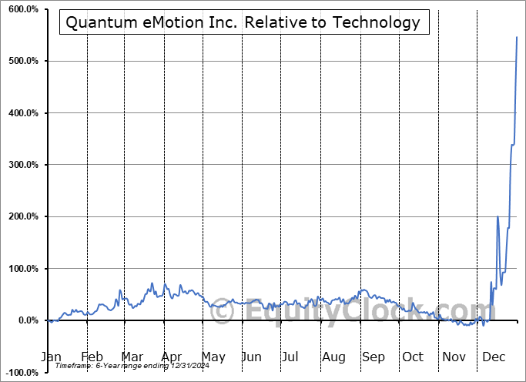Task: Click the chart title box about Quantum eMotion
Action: pyautogui.click(x=243, y=22)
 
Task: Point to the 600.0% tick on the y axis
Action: pyautogui.click(x=22, y=9)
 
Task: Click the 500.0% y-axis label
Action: pyautogui.click(x=22, y=61)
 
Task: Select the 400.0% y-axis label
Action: pyautogui.click(x=22, y=113)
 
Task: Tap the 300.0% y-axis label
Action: pyautogui.click(x=22, y=165)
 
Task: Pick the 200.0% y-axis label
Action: pyautogui.click(x=22, y=217)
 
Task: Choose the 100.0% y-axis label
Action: pyautogui.click(x=22, y=269)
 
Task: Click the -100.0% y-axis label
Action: pyautogui.click(x=21, y=373)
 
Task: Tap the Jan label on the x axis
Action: pyautogui.click(x=51, y=357)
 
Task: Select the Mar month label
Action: pyautogui.click(x=131, y=357)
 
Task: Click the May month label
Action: pyautogui.click(x=213, y=357)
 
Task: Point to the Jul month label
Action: pyautogui.click(x=290, y=357)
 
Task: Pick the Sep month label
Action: pyautogui.click(x=374, y=357)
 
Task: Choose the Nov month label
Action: pyautogui.click(x=454, y=357)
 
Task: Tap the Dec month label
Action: pyautogui.click(x=494, y=357)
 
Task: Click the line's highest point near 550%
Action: pyautogui.click(x=516, y=37)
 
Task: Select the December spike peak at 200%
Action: pyautogui.click(x=498, y=217)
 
